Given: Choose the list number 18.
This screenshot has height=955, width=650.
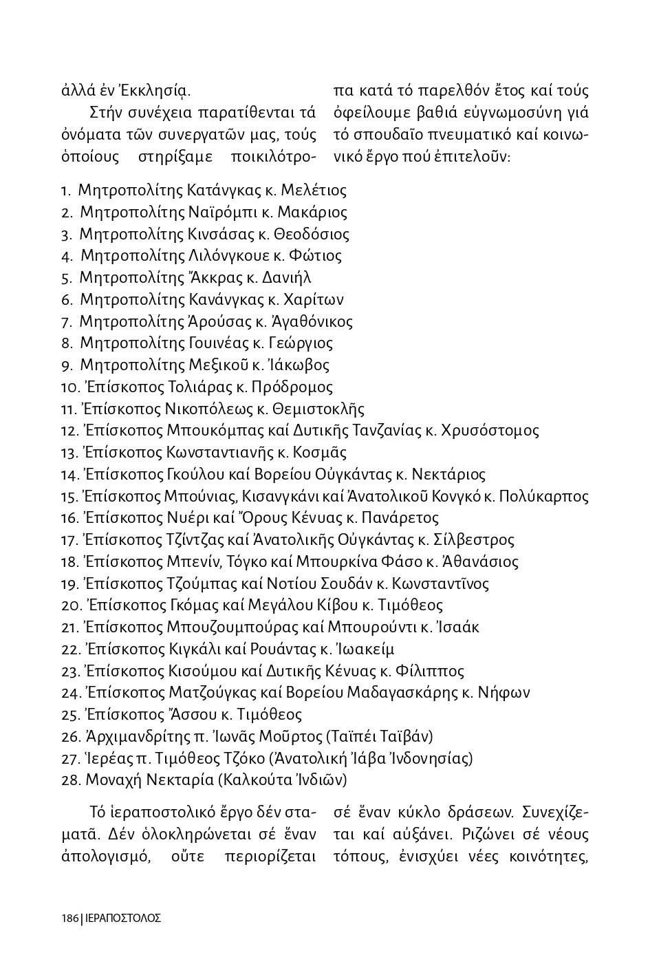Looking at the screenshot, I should click(70, 562).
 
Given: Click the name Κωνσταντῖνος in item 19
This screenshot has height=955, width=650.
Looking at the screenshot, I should click(440, 584).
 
